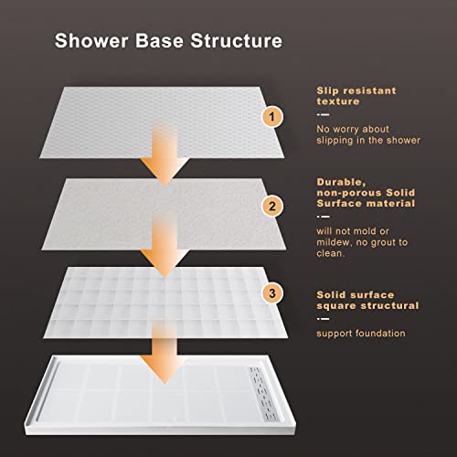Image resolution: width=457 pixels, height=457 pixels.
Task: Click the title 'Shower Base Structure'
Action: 168,41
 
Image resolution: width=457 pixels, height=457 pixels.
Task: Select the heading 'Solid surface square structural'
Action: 368,300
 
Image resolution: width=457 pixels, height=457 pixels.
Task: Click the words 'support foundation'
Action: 361,333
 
